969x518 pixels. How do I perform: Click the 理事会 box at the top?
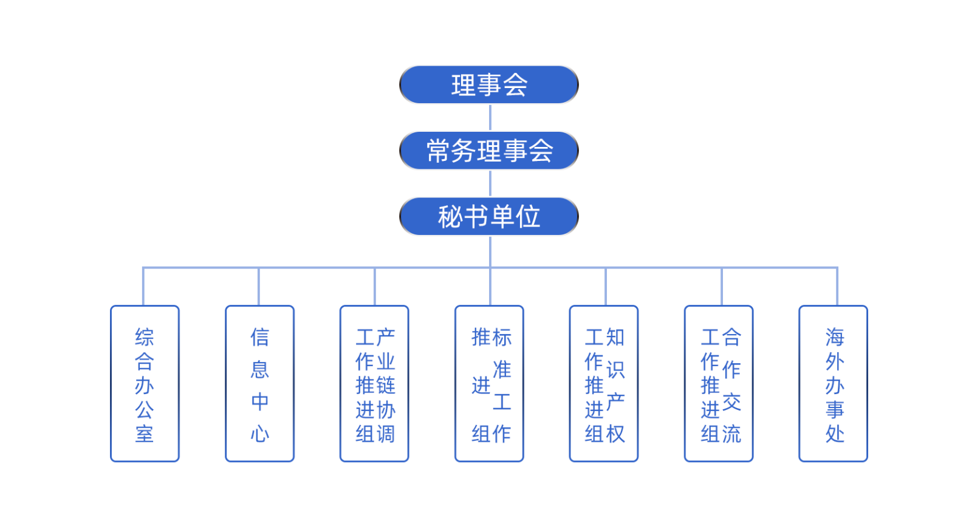tap(489, 85)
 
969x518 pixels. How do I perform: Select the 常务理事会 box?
tap(489, 151)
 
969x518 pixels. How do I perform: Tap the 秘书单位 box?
tap(489, 216)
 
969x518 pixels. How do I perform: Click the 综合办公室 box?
tap(145, 384)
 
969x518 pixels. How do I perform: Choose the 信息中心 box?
tap(259, 384)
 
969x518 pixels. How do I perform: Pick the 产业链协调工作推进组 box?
tap(374, 384)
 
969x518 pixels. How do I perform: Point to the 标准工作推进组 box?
tap(489, 384)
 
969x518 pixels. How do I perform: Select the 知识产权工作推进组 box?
tap(604, 384)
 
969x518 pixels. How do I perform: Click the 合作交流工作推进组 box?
tap(719, 384)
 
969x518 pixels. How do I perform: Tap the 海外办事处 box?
tap(834, 384)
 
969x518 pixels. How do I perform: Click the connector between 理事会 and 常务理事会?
tap(490, 118)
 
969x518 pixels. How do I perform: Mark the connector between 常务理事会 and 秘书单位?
tap(490, 183)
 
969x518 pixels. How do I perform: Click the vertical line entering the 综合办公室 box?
tap(143, 286)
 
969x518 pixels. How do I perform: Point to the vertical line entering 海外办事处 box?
tap(838, 286)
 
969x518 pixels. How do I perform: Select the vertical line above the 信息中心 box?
tap(259, 286)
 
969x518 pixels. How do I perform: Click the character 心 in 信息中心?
tap(260, 434)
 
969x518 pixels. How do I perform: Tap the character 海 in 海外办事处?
tap(835, 337)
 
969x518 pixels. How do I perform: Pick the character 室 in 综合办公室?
tap(145, 434)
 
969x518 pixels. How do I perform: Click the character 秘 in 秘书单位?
tap(450, 217)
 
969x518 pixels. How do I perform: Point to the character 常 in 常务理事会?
tap(439, 151)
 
